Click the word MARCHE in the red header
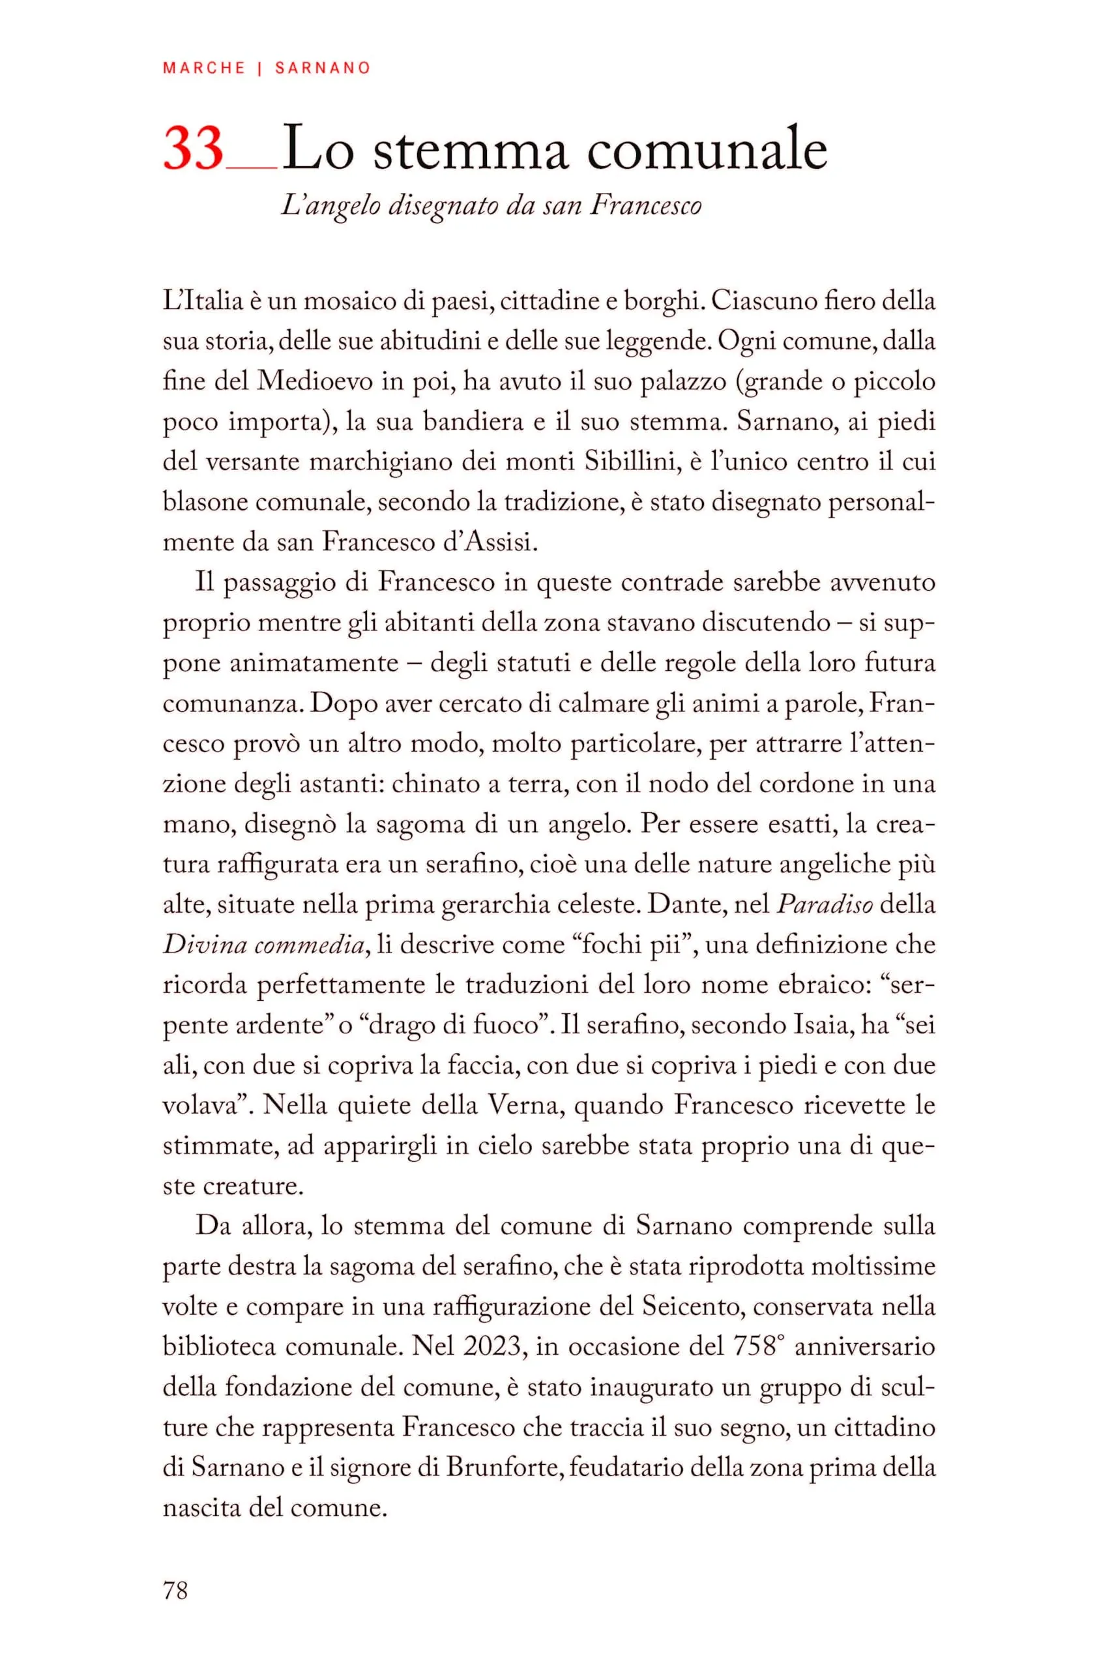pyautogui.click(x=204, y=68)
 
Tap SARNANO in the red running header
pyautogui.click(x=323, y=68)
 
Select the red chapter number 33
pyautogui.click(x=194, y=149)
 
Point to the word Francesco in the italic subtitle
pyautogui.click(x=645, y=205)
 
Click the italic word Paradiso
pyautogui.click(x=825, y=905)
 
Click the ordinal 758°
pyautogui.click(x=757, y=1347)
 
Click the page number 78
pyautogui.click(x=175, y=1591)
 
